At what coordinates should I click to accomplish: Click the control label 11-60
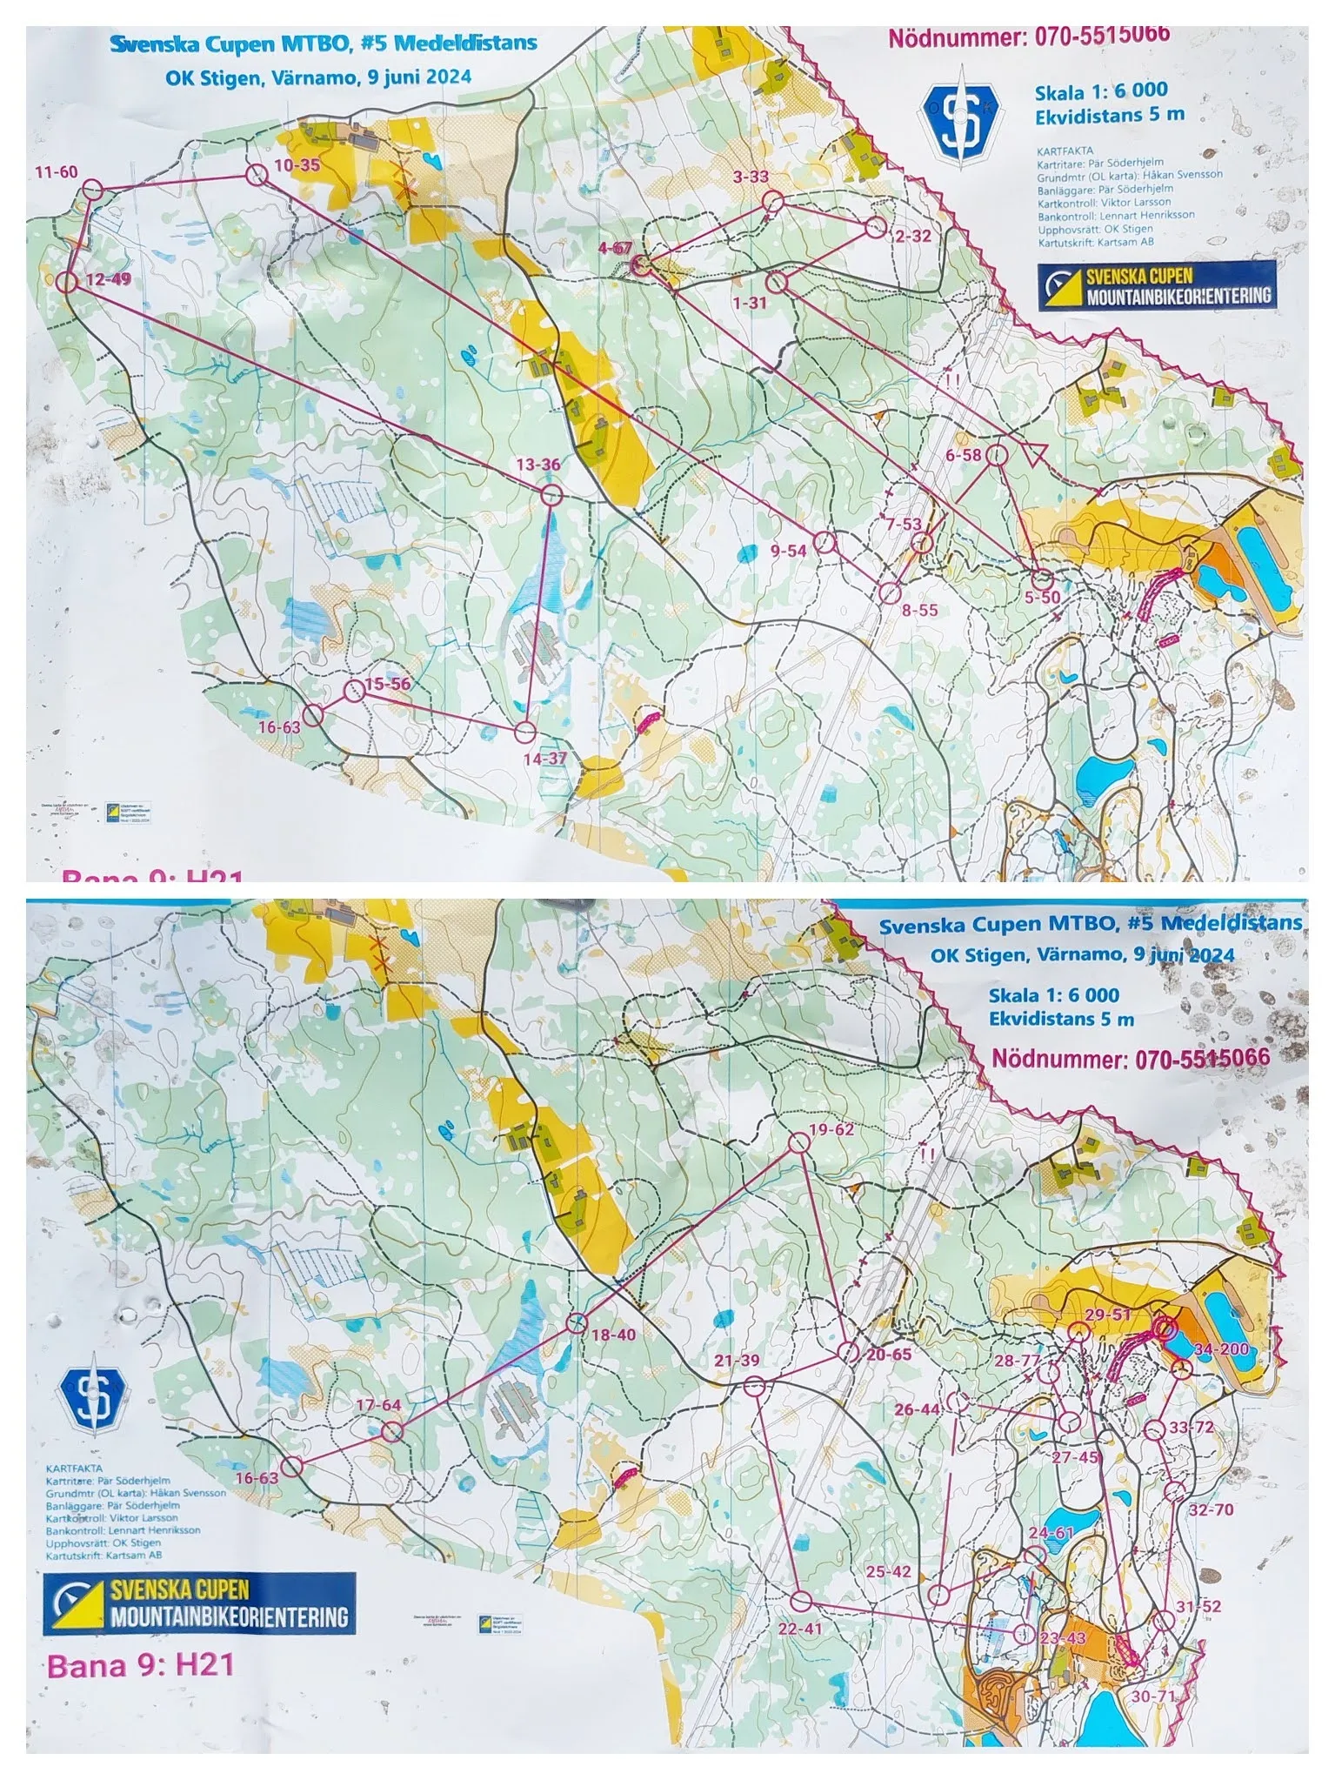coord(57,171)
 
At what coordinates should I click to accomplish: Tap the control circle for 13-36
coord(551,496)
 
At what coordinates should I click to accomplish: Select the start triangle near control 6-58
coord(1036,452)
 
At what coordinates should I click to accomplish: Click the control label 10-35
coord(297,164)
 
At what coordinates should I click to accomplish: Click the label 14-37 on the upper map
coord(544,759)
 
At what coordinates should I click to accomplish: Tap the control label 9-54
coord(790,551)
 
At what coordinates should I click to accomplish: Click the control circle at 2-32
coord(875,229)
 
